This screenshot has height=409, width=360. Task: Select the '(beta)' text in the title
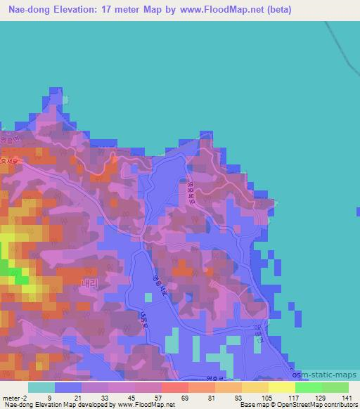point(277,10)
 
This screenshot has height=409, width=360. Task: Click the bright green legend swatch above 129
point(308,387)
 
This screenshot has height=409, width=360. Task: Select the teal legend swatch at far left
point(41,387)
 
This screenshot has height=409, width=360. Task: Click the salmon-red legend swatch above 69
point(174,387)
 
